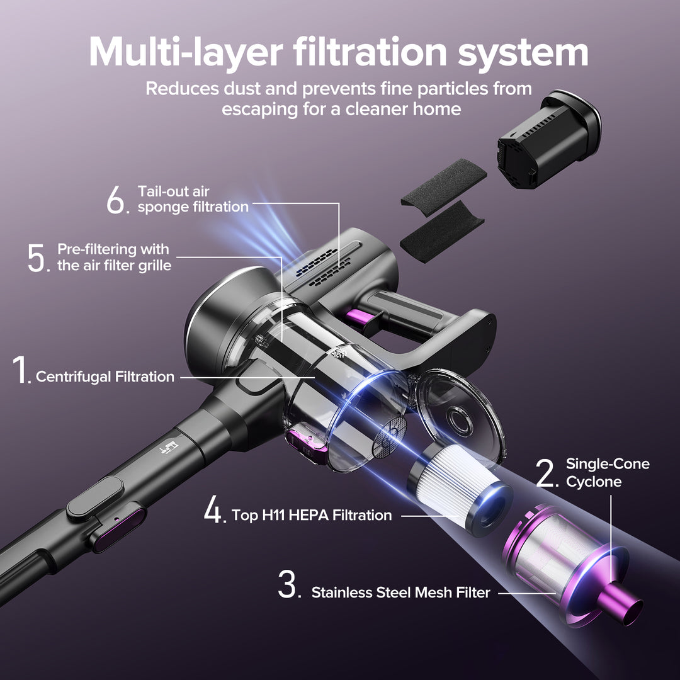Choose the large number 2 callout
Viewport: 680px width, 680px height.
click(x=546, y=473)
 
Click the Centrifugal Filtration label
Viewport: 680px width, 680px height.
click(x=105, y=377)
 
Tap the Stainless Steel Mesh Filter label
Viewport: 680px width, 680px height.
click(x=400, y=592)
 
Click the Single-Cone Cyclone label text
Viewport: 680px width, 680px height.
click(x=607, y=473)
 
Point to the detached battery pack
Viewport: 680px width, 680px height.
click(x=547, y=140)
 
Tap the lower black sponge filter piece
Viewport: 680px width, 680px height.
click(x=441, y=232)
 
